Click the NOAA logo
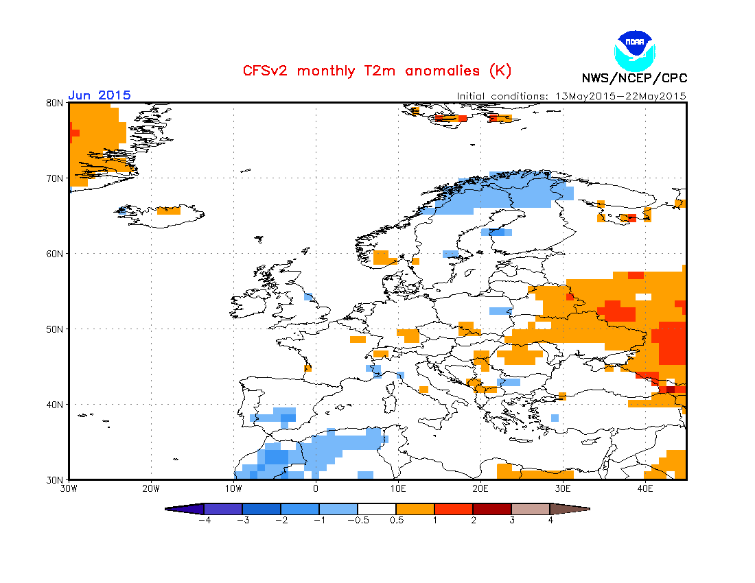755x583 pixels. [x=636, y=48]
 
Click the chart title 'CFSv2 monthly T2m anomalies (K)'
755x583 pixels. [x=377, y=71]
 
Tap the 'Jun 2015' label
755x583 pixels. [x=100, y=95]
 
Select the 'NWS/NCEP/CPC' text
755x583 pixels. [x=634, y=78]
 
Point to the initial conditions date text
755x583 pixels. [x=572, y=96]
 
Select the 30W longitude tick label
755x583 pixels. [x=69, y=489]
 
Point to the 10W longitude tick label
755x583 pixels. [x=233, y=489]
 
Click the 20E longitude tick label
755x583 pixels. [x=480, y=489]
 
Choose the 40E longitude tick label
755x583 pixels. [x=645, y=489]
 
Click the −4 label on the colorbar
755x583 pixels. [x=204, y=520]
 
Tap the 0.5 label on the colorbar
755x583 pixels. [x=396, y=520]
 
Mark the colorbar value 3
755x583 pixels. [x=511, y=520]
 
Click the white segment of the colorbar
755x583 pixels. [x=377, y=509]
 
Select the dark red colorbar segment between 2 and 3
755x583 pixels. [x=492, y=509]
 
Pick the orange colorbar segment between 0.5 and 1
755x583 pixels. [x=415, y=509]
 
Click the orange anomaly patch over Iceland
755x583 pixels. [x=169, y=211]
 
